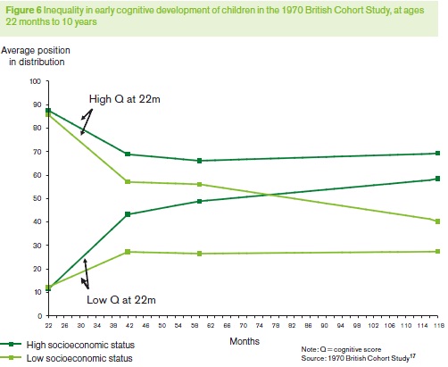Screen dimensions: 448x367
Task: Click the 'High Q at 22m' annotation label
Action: [x=125, y=99]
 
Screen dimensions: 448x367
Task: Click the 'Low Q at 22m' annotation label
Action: [x=121, y=299]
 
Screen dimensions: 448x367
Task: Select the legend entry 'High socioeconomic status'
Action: [x=67, y=345]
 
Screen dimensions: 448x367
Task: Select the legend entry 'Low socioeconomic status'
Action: [x=66, y=358]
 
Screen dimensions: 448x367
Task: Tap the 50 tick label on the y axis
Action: [x=37, y=198]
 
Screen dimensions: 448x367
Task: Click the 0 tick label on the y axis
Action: [x=40, y=315]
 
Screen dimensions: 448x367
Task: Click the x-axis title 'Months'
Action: [x=245, y=341]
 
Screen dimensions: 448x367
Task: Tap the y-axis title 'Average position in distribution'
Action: [x=36, y=56]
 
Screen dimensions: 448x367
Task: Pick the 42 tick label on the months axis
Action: [x=129, y=325]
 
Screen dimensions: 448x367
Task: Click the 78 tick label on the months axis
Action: [x=276, y=325]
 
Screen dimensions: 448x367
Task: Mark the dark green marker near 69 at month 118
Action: [x=437, y=153]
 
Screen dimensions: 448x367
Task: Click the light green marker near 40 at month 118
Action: [x=437, y=221]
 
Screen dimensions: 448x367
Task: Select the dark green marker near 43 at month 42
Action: [x=128, y=214]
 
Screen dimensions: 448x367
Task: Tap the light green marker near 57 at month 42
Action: [x=128, y=181]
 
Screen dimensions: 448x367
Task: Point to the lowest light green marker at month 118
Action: [x=437, y=252]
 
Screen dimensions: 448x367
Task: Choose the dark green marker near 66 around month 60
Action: [x=200, y=161]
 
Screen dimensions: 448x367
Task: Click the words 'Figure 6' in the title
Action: [x=24, y=11]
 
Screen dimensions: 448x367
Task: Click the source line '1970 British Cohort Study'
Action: [x=369, y=358]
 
